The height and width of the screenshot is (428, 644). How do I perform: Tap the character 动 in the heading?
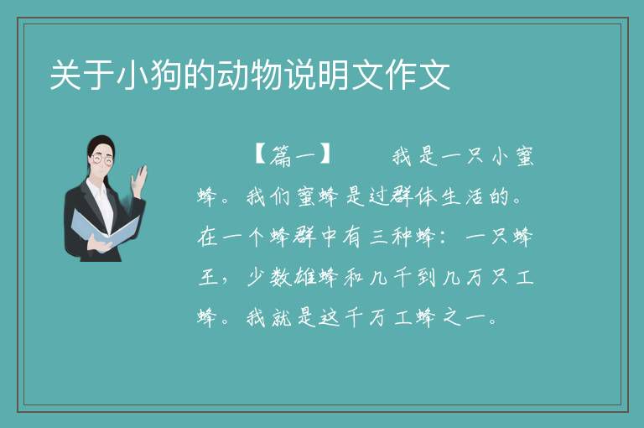tap(233, 75)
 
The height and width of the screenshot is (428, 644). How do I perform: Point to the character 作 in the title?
tap(401, 75)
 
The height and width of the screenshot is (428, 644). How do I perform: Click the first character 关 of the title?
tap(66, 75)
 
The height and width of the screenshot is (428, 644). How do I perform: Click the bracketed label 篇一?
tap(293, 155)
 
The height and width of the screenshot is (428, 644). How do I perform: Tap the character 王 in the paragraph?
tap(208, 278)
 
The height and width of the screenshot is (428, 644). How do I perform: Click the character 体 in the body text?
tap(425, 196)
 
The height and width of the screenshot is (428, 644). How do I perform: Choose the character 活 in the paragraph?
tap(474, 196)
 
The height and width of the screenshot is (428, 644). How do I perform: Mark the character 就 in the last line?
tap(282, 318)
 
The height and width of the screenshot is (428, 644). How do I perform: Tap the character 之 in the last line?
tap(452, 318)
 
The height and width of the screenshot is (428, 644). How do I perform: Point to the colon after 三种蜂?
tap(443, 237)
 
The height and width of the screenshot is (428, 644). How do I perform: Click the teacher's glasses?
tap(102, 160)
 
